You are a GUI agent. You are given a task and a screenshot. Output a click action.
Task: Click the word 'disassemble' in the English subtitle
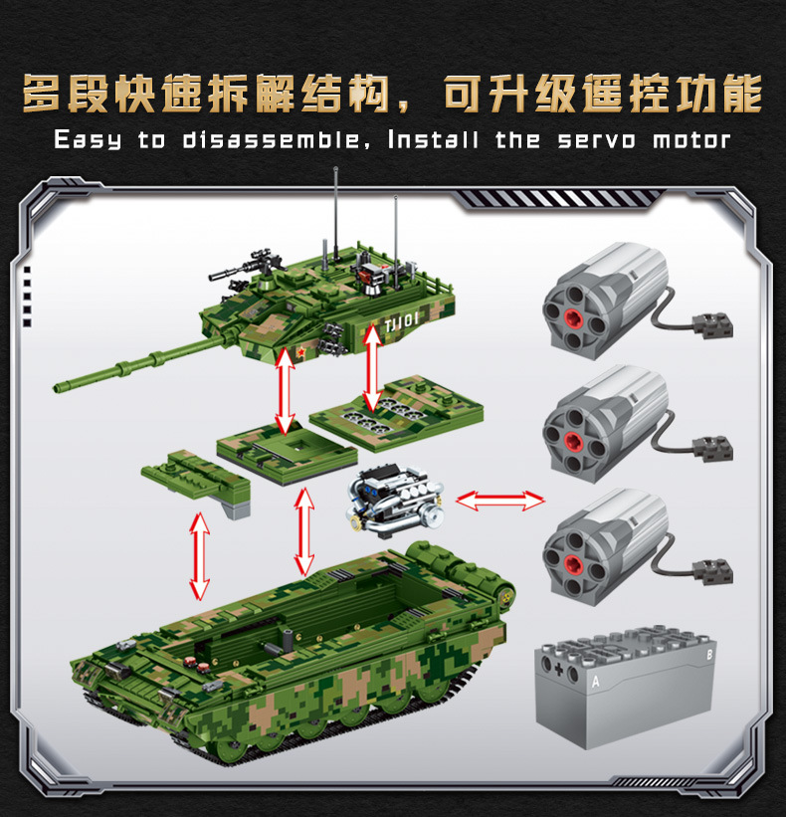(271, 140)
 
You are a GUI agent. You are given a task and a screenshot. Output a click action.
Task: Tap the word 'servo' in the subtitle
(597, 140)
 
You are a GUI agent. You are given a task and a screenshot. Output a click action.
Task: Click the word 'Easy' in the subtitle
(88, 140)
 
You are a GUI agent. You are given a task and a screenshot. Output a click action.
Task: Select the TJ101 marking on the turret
(402, 323)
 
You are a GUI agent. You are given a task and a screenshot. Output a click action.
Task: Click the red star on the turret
(301, 352)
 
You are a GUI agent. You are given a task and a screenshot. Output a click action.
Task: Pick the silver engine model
(394, 502)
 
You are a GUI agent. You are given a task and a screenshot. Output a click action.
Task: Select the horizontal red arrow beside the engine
(500, 501)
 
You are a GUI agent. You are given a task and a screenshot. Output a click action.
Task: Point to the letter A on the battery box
(595, 681)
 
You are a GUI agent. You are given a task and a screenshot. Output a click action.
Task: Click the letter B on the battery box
(709, 655)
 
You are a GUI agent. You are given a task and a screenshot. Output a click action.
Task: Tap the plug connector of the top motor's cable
(712, 325)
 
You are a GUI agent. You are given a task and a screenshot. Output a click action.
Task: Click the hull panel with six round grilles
(396, 413)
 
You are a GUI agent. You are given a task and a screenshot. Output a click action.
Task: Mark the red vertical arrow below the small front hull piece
(199, 556)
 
